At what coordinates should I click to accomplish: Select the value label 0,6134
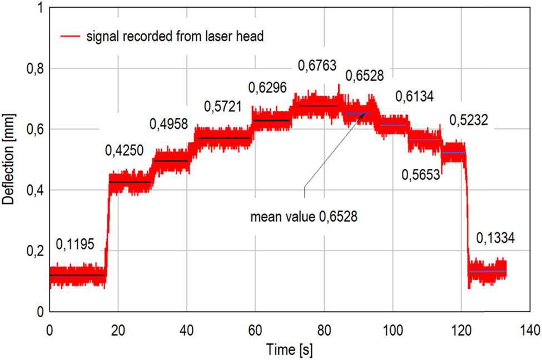414,97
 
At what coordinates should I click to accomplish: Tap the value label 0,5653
421,175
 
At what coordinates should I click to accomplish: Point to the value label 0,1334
496,238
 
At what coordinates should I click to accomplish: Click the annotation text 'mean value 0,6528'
304,217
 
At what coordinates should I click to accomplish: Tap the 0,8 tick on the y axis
34,68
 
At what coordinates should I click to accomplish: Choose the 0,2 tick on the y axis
34,251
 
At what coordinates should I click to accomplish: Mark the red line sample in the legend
71,37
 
